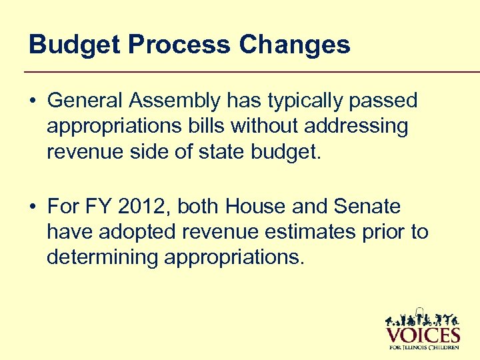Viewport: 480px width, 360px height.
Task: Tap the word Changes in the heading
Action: (x=294, y=45)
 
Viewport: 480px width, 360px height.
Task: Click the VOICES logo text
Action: (x=423, y=334)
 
